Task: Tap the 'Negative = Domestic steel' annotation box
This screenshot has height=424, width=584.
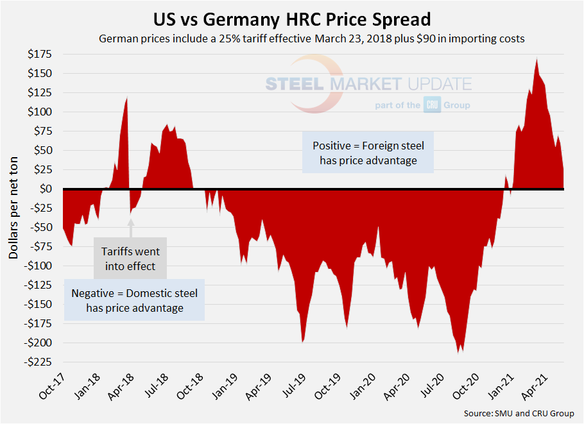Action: pyautogui.click(x=135, y=300)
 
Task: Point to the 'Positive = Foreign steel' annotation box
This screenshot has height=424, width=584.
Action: pyautogui.click(x=368, y=153)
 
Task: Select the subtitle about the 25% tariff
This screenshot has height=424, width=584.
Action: pyautogui.click(x=312, y=38)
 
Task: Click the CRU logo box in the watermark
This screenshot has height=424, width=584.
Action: pyautogui.click(x=431, y=105)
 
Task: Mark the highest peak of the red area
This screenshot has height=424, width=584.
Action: pyautogui.click(x=537, y=59)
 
